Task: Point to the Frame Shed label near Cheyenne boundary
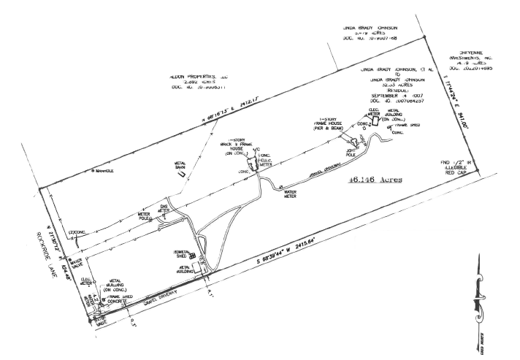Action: click(408, 125)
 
